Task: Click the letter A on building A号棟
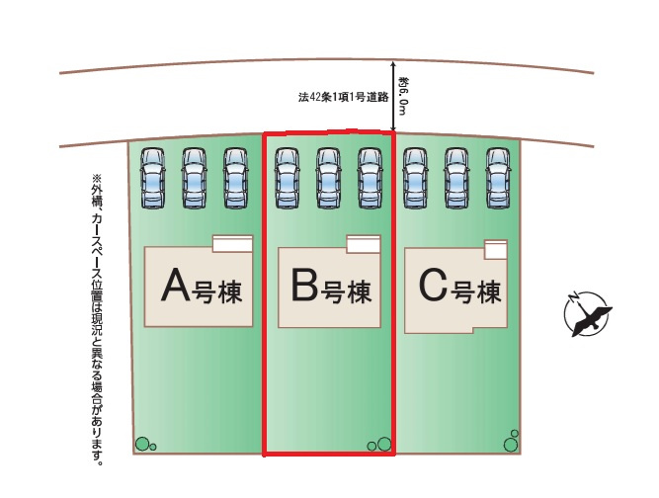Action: [x=175, y=285]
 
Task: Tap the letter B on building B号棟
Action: [x=304, y=285]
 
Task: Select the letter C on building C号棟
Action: [x=433, y=286]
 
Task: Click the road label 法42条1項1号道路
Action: [x=343, y=97]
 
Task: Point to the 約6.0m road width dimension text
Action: [x=403, y=96]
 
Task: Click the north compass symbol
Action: [x=587, y=313]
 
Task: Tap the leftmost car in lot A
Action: [x=152, y=178]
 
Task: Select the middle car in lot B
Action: [x=328, y=178]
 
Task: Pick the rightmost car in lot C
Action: [x=498, y=178]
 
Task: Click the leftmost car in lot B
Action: [x=288, y=178]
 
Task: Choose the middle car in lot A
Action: [x=194, y=178]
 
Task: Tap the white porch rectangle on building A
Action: [x=233, y=244]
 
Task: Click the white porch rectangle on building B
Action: [x=364, y=244]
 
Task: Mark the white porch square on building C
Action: [x=496, y=250]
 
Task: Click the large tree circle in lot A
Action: [x=142, y=444]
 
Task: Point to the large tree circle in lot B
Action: [x=384, y=444]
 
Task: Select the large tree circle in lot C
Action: [x=511, y=445]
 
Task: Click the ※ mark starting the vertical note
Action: [x=97, y=179]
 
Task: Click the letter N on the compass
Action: [x=572, y=298]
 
